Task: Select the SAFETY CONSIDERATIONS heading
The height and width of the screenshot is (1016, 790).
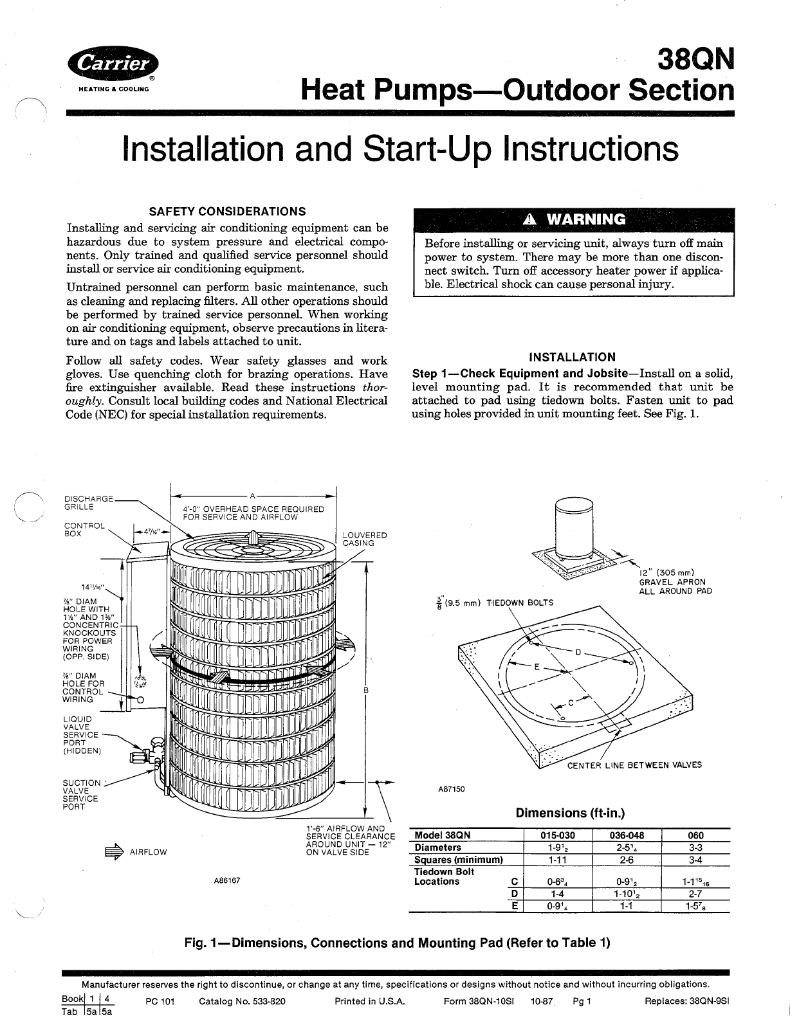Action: pyautogui.click(x=227, y=212)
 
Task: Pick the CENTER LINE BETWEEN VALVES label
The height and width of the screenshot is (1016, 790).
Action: pyautogui.click(x=634, y=765)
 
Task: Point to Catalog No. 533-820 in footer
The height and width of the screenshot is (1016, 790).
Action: pyautogui.click(x=243, y=1002)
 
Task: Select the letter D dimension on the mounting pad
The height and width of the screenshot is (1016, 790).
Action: pyautogui.click(x=578, y=652)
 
